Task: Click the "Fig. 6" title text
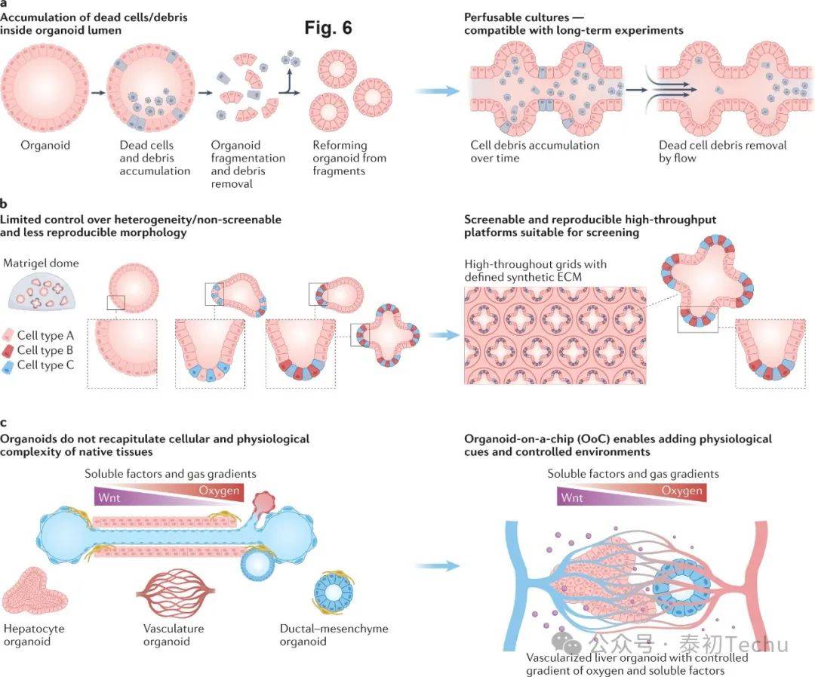coord(328,29)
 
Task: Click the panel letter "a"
coord(5,4)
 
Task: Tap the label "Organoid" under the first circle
coord(45,145)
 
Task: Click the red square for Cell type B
coord(8,350)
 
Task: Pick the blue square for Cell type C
coord(8,365)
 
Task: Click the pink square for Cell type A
coord(8,335)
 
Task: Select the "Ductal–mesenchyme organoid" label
coord(324,635)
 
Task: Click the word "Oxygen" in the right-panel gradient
coord(681,491)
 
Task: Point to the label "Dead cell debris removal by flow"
coord(722,152)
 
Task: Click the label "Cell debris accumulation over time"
coord(534,152)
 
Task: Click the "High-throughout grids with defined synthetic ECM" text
coord(537,271)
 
